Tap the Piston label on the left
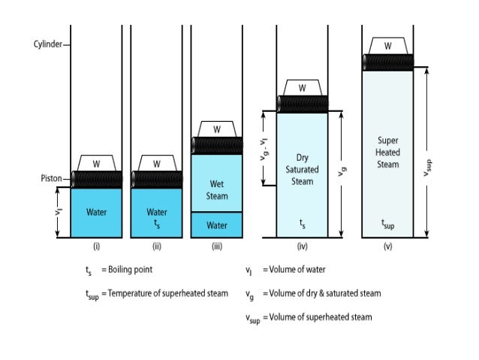[x=51, y=179]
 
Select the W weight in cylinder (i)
[x=96, y=163]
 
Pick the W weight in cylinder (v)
[x=387, y=46]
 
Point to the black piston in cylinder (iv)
[x=302, y=104]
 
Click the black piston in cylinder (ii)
[x=156, y=179]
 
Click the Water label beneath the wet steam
[x=217, y=225]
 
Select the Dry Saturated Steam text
[x=302, y=169]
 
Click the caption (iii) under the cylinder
[x=217, y=246]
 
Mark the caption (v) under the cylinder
[x=387, y=246]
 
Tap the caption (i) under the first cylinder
[x=96, y=246]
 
